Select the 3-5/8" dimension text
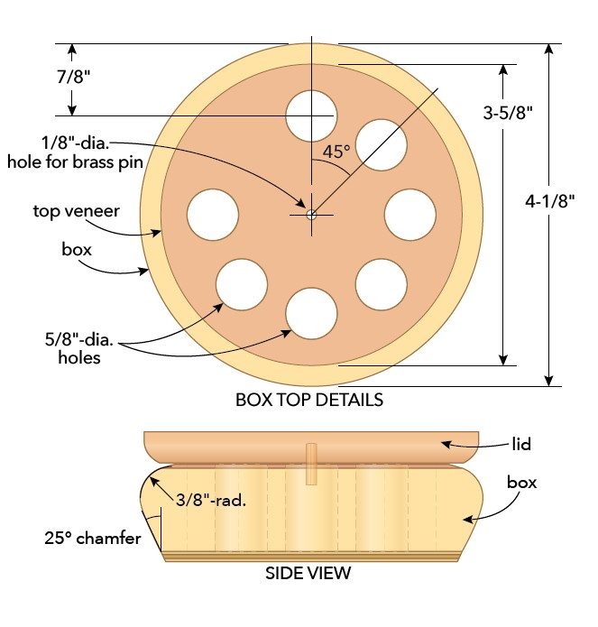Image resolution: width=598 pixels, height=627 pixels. [x=509, y=114]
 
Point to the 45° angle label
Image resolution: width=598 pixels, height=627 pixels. [x=336, y=152]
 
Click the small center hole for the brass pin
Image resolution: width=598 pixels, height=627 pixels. [x=311, y=215]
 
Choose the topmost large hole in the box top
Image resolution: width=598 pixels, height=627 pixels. [x=311, y=115]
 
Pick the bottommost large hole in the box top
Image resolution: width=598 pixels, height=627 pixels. [x=311, y=313]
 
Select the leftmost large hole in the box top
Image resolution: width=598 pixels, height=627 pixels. [x=213, y=215]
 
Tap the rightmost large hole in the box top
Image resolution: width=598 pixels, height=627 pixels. [x=410, y=215]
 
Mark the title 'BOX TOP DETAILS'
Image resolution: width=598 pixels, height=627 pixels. [x=309, y=399]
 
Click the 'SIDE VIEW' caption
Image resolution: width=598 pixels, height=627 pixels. [x=308, y=573]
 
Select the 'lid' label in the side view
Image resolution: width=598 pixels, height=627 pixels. [x=521, y=444]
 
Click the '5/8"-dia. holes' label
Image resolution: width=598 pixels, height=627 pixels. [x=75, y=349]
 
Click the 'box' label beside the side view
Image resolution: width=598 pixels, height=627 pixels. [x=521, y=483]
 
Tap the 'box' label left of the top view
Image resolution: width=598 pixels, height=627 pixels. [x=76, y=247]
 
